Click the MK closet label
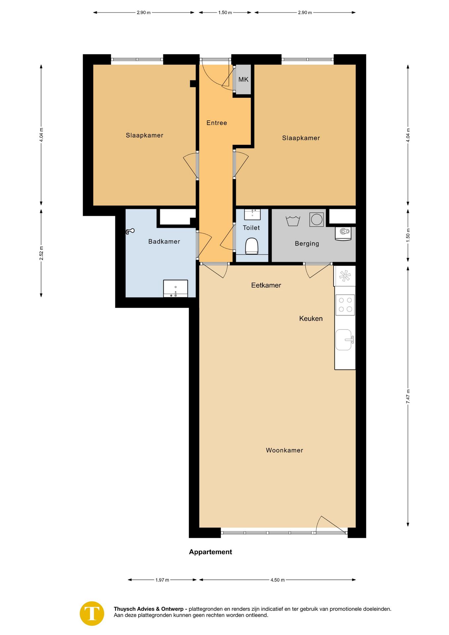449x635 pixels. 243,79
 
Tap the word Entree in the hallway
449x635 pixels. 217,123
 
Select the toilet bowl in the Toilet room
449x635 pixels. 252,246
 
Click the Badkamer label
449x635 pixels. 164,242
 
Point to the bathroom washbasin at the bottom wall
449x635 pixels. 176,289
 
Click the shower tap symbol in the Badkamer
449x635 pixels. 130,231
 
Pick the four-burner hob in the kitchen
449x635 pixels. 345,305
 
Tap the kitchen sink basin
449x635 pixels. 344,340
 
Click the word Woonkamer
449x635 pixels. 284,450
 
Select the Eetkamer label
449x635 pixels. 266,285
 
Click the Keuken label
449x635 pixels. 311,319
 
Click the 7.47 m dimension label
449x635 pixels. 408,396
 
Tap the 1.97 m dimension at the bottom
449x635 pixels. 162,580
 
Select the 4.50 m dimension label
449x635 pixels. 277,580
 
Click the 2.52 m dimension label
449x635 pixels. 41,253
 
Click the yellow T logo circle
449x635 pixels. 92,614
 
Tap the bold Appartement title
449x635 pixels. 210,552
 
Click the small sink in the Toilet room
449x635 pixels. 252,214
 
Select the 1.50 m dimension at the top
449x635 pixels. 225,13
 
